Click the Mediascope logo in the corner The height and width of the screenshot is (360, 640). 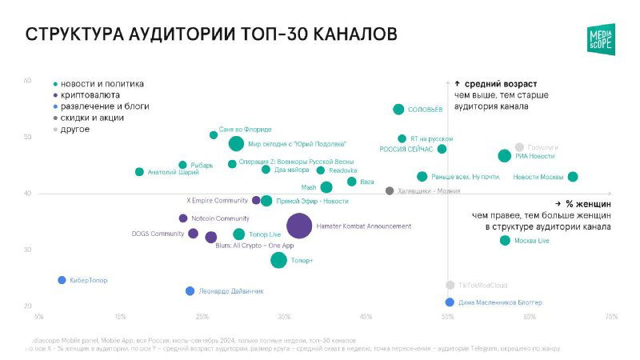click(600, 38)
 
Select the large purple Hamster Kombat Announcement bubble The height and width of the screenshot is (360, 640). click(299, 226)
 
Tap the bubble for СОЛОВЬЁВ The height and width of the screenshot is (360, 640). click(398, 110)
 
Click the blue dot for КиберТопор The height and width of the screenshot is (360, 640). click(62, 280)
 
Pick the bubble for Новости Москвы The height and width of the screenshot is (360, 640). click(572, 177)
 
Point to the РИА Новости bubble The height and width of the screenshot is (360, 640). click(504, 156)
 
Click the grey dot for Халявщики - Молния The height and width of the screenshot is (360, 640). click(390, 191)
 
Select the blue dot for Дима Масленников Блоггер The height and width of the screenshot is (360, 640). click(450, 302)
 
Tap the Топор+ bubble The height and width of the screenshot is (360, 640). click(278, 260)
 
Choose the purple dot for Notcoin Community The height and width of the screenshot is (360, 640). click(183, 218)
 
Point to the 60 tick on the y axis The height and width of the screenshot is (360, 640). click(27, 81)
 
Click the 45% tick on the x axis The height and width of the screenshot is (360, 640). click(366, 318)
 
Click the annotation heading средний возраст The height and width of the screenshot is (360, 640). click(501, 84)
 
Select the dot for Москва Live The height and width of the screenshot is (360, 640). click(505, 241)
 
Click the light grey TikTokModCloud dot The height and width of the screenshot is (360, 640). click(450, 286)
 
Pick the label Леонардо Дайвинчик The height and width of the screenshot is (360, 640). click(230, 291)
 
